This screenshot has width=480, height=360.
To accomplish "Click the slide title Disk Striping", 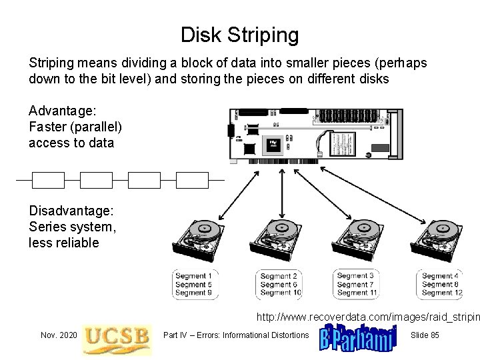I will [240, 34].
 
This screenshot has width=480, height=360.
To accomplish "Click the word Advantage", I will [61, 109].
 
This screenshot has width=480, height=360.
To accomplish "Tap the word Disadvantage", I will [71, 210].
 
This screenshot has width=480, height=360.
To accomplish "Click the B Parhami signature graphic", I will [358, 335].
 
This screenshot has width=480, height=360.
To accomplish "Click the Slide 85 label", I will [425, 335].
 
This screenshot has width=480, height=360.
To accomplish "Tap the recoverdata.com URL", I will [367, 315].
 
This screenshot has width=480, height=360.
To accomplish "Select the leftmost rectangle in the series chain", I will [48, 180].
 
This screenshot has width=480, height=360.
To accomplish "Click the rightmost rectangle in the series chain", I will [192, 180].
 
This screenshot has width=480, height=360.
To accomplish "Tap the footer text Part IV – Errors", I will [237, 335].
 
